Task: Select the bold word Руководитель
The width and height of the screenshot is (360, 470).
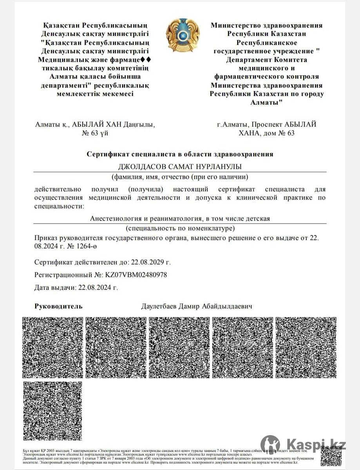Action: pyautogui.click(x=58, y=306)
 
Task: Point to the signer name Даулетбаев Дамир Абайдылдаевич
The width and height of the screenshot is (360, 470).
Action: pyautogui.click(x=197, y=306)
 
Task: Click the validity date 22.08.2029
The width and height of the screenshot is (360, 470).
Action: pyautogui.click(x=152, y=262)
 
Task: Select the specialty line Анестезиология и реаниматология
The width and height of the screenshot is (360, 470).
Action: pyautogui.click(x=180, y=219)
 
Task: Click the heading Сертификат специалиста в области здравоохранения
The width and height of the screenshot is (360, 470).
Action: pyautogui.click(x=180, y=154)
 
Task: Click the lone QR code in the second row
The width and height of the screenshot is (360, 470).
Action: pyautogui.click(x=52, y=411)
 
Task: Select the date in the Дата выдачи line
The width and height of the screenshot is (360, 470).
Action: pyautogui.click(x=98, y=287)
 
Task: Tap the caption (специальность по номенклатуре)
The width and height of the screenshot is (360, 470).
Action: pyautogui.click(x=180, y=228)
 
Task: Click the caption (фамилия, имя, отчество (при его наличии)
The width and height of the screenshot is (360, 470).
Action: pyautogui.click(x=180, y=176)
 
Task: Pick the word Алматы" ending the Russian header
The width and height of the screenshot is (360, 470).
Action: pyautogui.click(x=267, y=102)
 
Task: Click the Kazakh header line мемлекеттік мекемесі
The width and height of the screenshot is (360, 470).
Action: pyautogui.click(x=95, y=94)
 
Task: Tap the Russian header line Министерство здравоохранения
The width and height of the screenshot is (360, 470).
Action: pyautogui.click(x=267, y=25)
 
